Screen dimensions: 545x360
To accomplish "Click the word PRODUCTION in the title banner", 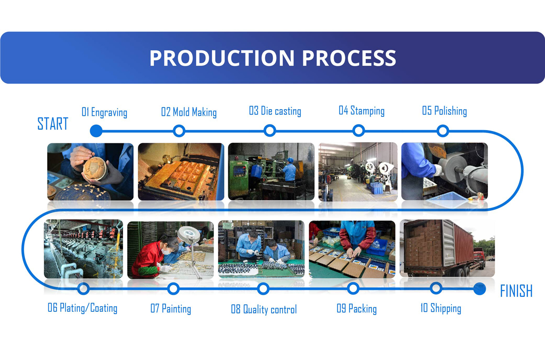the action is [222, 58].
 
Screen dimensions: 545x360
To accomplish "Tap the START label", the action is [53, 124].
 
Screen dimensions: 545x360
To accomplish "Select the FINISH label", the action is [516, 290].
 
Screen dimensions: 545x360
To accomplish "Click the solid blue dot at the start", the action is [96, 131].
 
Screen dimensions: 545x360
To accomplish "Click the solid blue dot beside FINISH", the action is [480, 289].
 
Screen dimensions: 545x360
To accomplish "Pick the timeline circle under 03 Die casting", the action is [270, 130].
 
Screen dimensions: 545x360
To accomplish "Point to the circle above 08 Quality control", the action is [263, 289].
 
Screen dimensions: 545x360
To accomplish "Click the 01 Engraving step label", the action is [104, 112].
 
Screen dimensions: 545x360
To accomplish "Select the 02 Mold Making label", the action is [189, 112].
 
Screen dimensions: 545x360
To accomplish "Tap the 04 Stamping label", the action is [362, 111].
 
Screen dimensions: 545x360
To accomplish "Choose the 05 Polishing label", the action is [444, 111].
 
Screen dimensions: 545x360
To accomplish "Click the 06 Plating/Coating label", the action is [83, 308].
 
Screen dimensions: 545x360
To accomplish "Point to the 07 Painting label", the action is [171, 309].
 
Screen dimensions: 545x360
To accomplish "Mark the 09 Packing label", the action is [357, 309].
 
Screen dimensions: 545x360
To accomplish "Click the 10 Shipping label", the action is [441, 308].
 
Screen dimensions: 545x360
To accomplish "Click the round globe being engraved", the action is [94, 169].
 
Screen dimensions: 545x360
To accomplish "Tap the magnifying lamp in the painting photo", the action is [189, 234].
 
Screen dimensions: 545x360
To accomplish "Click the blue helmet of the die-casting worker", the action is [290, 160].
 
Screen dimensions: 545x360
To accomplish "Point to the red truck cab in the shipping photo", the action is [479, 256].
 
